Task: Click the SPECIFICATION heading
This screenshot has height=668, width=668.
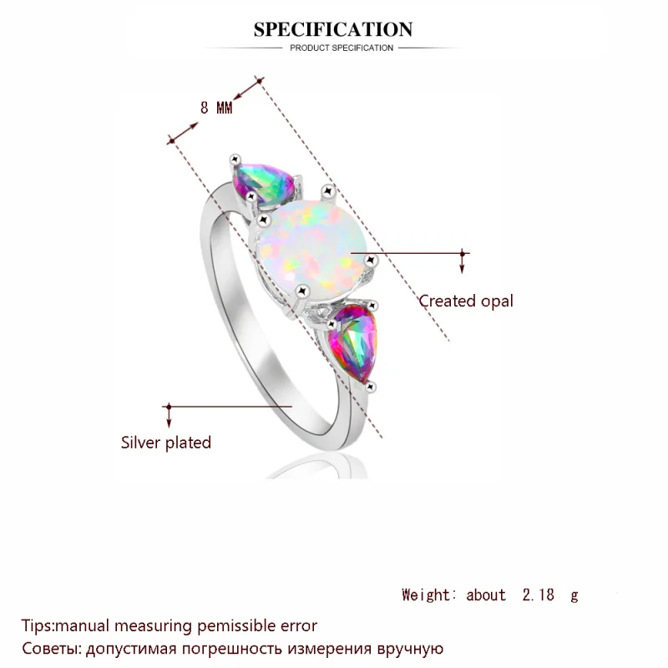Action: (x=333, y=30)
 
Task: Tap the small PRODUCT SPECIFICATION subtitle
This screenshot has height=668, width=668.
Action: (x=342, y=48)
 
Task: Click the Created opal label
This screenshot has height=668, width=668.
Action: (x=466, y=301)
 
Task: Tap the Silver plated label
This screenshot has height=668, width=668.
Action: (x=166, y=443)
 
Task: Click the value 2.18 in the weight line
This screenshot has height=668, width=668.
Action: (x=536, y=595)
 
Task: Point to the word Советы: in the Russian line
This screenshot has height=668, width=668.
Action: (x=51, y=648)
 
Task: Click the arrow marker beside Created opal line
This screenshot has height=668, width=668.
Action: (x=463, y=261)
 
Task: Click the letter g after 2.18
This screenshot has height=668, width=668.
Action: (x=574, y=596)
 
